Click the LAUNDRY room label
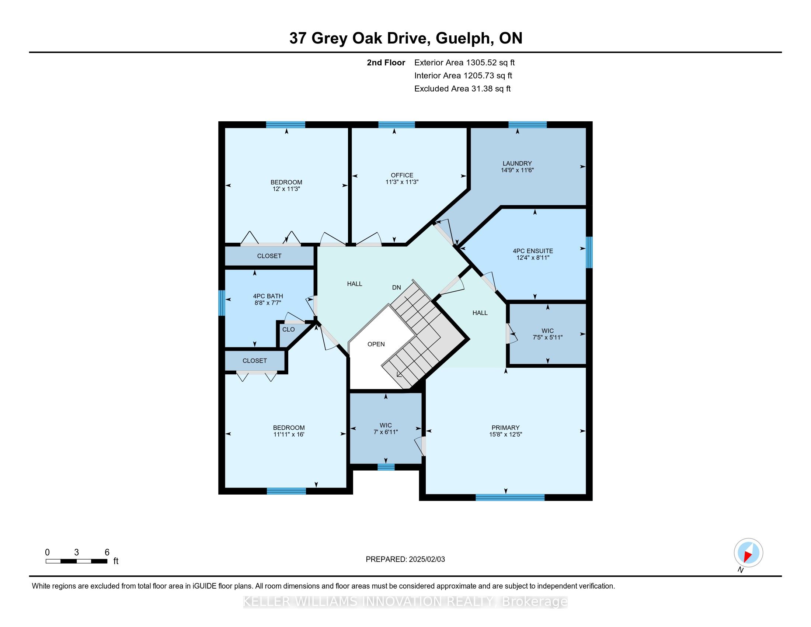tap(517, 163)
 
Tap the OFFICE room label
tap(402, 175)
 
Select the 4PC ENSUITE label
tap(533, 251)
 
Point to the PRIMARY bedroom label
tap(505, 427)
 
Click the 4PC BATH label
tap(268, 296)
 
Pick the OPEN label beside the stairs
tap(376, 344)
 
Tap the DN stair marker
tap(397, 287)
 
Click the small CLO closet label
tap(288, 329)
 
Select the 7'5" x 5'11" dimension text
tap(547, 337)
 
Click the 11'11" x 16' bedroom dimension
tap(289, 434)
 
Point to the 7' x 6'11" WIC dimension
tap(386, 432)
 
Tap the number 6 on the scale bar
tap(107, 552)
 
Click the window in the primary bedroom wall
tap(510, 498)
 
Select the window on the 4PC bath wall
tap(222, 303)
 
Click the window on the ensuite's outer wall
tap(589, 252)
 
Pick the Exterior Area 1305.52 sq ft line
tap(464, 63)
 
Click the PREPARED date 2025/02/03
tap(427, 560)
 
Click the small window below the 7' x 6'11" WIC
tap(386, 467)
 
